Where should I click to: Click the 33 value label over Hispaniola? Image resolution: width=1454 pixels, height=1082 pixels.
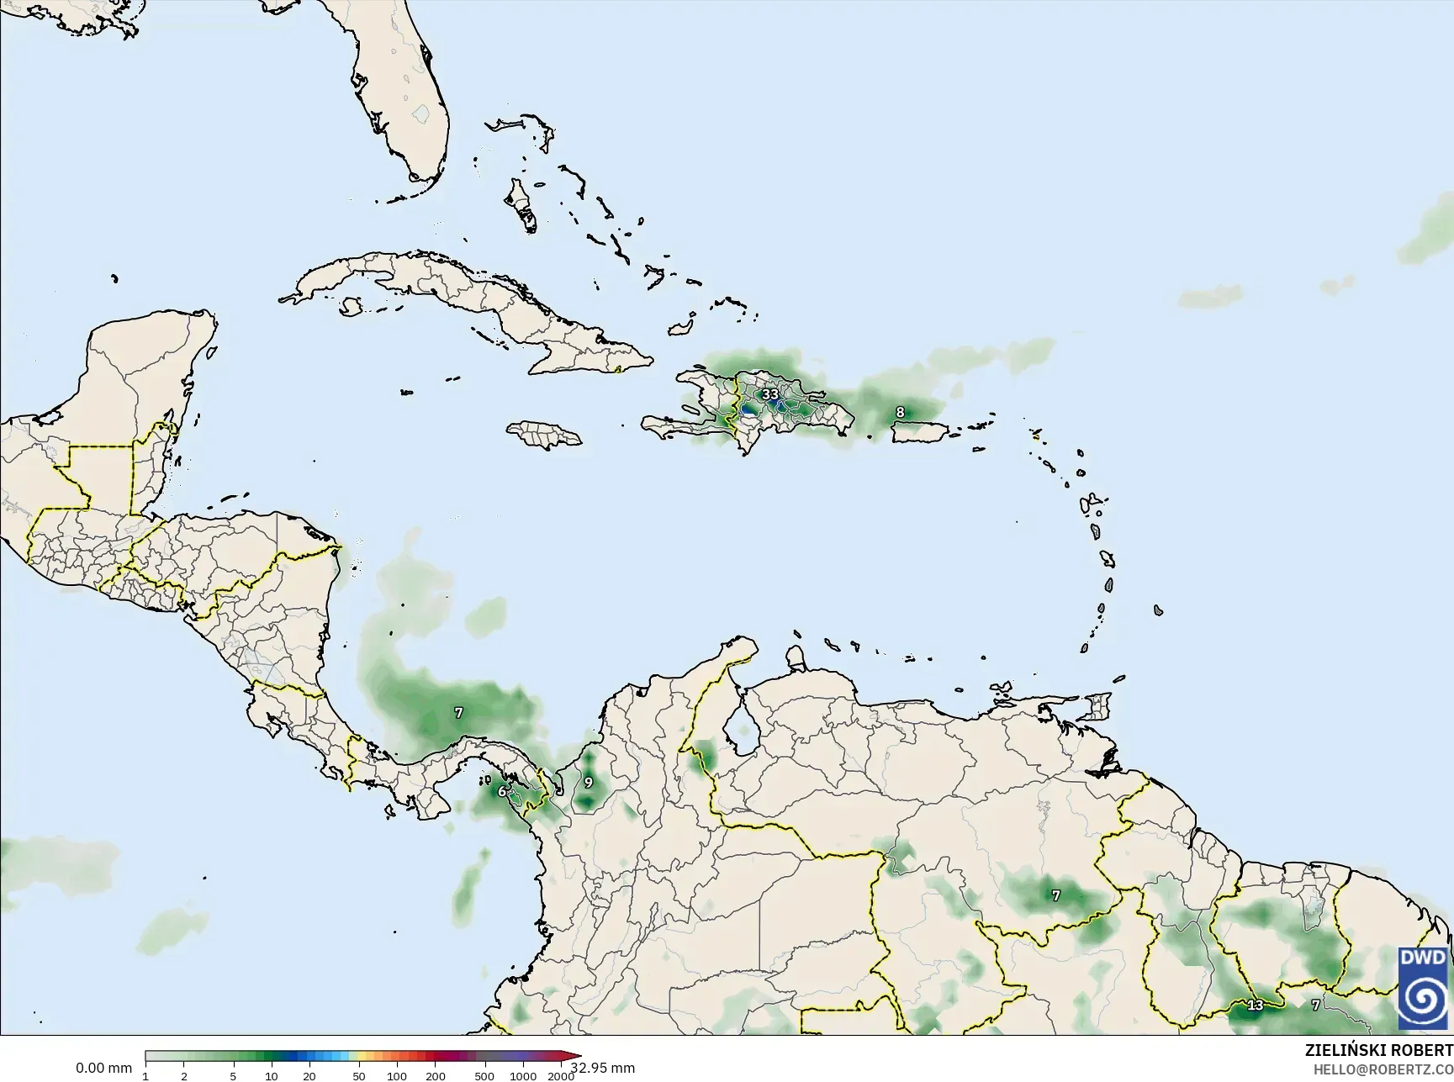pyautogui.click(x=769, y=393)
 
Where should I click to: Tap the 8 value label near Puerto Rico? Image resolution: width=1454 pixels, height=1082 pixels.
pyautogui.click(x=900, y=412)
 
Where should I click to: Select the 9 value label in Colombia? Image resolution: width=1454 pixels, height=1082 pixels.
pyautogui.click(x=588, y=783)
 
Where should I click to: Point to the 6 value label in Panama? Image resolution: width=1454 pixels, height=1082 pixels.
pyautogui.click(x=502, y=791)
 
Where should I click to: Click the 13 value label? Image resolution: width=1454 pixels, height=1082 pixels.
pyautogui.click(x=1255, y=1005)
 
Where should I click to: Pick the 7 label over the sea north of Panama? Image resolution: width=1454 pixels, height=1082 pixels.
pyautogui.click(x=458, y=713)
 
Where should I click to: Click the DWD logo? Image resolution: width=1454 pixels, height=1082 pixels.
pyautogui.click(x=1424, y=989)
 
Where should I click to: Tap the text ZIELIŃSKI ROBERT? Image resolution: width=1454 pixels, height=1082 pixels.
pyautogui.click(x=1378, y=1051)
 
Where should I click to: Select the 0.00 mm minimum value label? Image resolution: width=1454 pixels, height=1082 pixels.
pyautogui.click(x=103, y=1069)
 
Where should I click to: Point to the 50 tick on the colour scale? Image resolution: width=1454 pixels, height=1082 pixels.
pyautogui.click(x=359, y=1076)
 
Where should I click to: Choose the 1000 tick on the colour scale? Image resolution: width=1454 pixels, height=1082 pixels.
pyautogui.click(x=523, y=1076)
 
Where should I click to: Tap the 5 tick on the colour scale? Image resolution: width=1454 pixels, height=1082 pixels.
pyautogui.click(x=234, y=1076)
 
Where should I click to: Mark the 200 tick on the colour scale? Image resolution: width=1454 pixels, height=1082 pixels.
pyautogui.click(x=436, y=1076)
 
